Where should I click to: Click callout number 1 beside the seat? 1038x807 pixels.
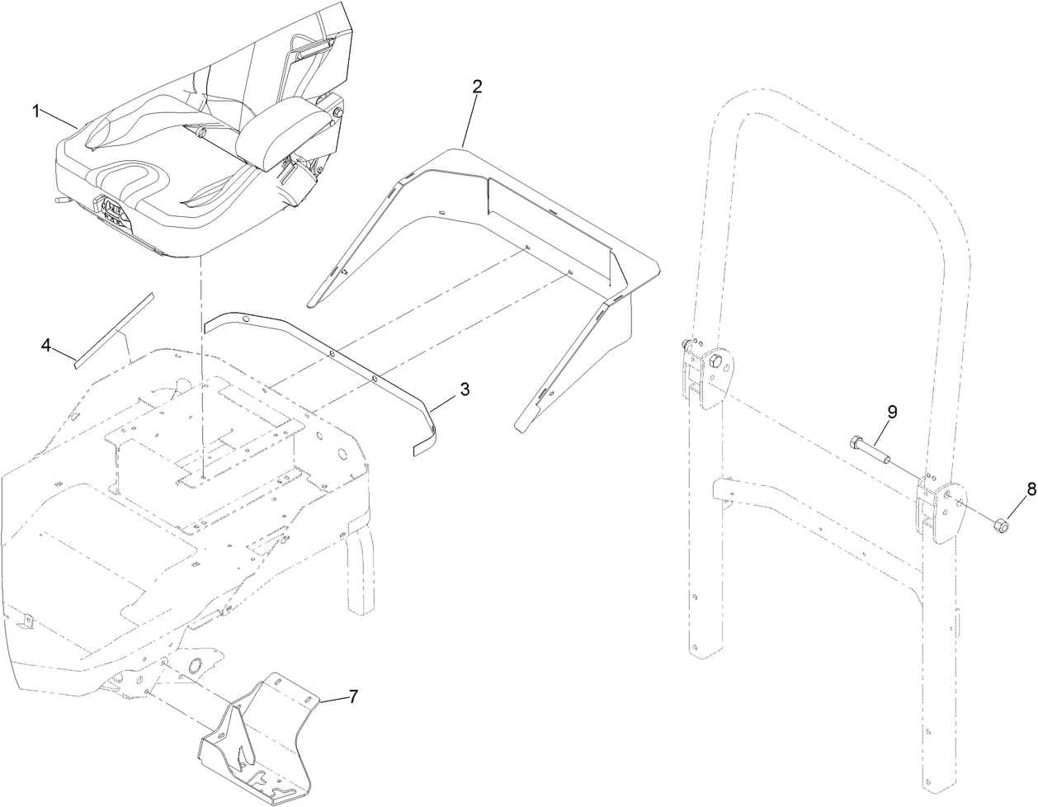[36, 111]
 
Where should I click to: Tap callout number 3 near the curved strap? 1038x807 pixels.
[465, 389]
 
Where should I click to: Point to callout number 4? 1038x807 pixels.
[47, 347]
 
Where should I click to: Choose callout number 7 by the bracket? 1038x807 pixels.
[352, 696]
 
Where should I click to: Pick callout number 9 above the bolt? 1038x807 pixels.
[892, 411]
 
